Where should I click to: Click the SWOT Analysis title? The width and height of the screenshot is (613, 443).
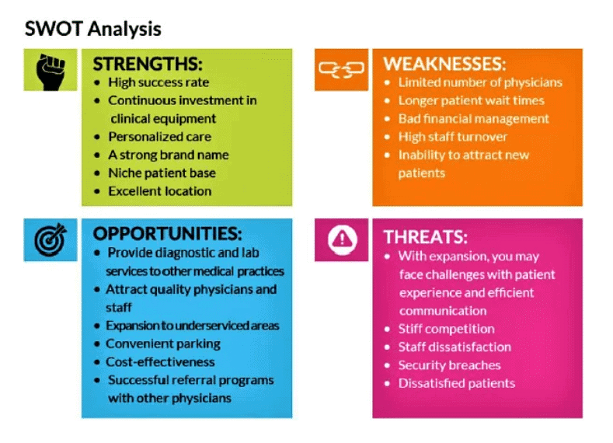click(x=93, y=30)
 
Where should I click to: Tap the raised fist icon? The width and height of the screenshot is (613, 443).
click(x=51, y=70)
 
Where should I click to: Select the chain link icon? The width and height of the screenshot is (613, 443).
click(x=340, y=70)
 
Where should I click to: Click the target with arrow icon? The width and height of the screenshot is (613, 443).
click(x=51, y=239)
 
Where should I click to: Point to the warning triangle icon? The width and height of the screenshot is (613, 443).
click(x=340, y=240)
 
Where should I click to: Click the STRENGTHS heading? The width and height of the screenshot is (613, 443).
click(x=148, y=63)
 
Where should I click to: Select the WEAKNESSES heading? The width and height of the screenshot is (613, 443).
click(x=444, y=63)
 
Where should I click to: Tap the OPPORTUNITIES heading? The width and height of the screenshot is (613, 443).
click(x=167, y=234)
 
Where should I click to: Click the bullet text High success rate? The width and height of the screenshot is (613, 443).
click(x=158, y=82)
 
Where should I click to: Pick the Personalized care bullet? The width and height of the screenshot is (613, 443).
click(x=159, y=136)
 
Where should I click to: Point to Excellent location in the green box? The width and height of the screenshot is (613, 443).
click(x=159, y=190)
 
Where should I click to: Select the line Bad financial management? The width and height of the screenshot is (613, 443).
click(x=473, y=118)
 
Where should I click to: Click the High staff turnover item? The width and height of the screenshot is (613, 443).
click(x=453, y=136)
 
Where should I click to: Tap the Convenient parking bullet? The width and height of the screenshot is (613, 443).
click(x=163, y=343)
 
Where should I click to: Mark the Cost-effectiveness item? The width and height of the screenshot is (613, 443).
click(x=160, y=361)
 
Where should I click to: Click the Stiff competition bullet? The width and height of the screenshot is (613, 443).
click(x=446, y=328)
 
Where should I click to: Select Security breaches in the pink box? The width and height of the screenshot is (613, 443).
click(x=449, y=365)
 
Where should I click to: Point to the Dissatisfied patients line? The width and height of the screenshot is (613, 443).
click(x=456, y=382)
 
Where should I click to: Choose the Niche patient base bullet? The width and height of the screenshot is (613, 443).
click(x=162, y=173)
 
